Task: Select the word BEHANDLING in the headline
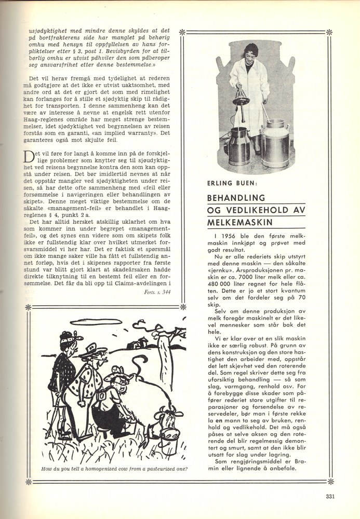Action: (x=229, y=198)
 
